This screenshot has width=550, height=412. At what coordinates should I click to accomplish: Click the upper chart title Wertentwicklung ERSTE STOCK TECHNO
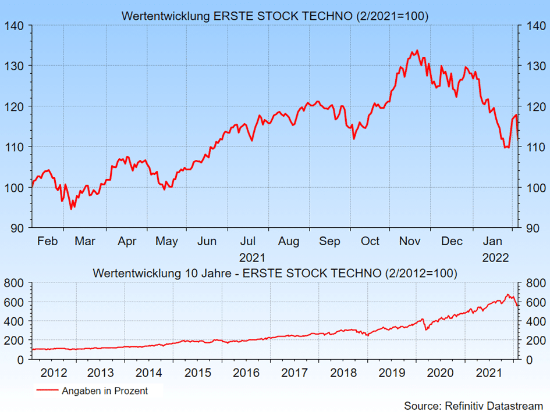pyautogui.click(x=275, y=16)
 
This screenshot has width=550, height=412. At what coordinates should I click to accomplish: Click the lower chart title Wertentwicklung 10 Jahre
pyautogui.click(x=275, y=273)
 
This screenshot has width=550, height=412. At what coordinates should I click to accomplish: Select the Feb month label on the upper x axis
pyautogui.click(x=48, y=241)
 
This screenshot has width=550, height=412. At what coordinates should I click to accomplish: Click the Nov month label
pyautogui.click(x=410, y=241)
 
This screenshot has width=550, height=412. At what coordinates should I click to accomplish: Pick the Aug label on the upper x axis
pyautogui.click(x=289, y=241)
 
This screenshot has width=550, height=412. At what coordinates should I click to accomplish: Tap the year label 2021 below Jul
pyautogui.click(x=252, y=257)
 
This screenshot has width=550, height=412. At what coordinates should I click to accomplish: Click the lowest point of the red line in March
pyautogui.click(x=71, y=209)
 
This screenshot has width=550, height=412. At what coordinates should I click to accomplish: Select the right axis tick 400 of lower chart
pyautogui.click(x=535, y=321)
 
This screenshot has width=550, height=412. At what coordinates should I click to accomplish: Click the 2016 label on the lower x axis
pyautogui.click(x=246, y=372)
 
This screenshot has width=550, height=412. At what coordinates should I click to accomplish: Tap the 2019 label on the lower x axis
pyautogui.click(x=392, y=372)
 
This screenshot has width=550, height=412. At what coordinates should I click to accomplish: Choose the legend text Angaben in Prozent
pyautogui.click(x=105, y=391)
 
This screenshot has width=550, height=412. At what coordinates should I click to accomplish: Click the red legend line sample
pyautogui.click(x=47, y=391)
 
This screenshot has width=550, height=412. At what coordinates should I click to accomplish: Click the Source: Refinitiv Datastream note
pyautogui.click(x=473, y=405)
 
